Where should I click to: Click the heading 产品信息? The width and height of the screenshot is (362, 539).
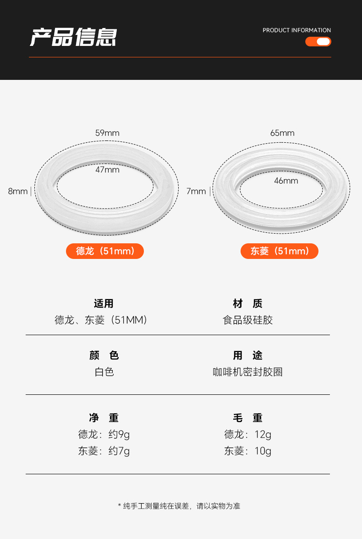73,37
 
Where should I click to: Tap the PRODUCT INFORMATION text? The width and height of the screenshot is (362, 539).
296,30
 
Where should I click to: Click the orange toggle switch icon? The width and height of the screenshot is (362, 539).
318,42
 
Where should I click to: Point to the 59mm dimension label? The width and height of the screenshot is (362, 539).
107,133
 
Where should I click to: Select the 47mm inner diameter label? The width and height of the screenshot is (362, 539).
107,170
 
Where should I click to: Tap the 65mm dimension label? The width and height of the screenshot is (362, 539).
282,133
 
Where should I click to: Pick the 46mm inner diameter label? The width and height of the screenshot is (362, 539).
286,181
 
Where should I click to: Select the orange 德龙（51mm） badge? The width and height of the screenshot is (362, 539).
105,251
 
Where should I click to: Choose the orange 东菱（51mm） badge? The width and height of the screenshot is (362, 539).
280,251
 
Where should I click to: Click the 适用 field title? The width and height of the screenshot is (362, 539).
104,303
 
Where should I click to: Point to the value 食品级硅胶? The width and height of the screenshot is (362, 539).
248,320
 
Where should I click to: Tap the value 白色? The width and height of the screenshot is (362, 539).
104,372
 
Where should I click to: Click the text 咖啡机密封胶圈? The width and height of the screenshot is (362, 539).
248,372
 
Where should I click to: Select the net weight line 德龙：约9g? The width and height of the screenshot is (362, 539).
104,434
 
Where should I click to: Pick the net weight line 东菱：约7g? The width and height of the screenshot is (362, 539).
104,451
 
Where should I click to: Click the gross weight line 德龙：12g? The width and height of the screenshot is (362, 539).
248,434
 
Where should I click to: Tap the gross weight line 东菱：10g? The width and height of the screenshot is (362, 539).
248,451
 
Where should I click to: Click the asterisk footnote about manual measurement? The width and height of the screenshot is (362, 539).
179,506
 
